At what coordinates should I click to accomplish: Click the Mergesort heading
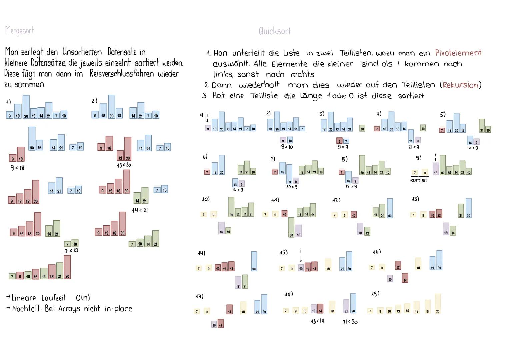(20, 30)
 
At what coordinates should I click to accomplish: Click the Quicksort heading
(275, 31)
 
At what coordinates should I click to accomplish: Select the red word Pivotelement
(458, 53)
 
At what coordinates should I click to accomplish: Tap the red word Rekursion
(461, 85)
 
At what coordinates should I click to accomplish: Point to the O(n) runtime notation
(83, 298)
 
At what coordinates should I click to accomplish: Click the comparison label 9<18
(18, 168)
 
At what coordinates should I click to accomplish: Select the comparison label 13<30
(124, 165)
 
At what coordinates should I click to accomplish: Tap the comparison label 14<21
(140, 210)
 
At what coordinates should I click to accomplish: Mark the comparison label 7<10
(72, 250)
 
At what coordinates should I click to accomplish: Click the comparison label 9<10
(287, 147)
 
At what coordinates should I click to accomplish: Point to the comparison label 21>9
(414, 147)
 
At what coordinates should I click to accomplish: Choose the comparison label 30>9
(292, 187)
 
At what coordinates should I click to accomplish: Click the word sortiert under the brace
(418, 180)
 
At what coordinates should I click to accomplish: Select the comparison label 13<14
(317, 321)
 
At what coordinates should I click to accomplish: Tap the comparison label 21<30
(350, 322)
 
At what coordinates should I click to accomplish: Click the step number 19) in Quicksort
(375, 294)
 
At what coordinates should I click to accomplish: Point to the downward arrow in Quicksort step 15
(301, 259)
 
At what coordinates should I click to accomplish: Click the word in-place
(118, 309)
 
